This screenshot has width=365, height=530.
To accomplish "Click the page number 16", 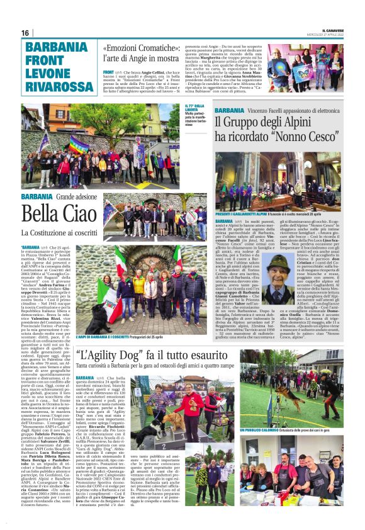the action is tap(25, 33).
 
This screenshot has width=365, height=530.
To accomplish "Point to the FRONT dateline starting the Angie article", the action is tap(108, 72).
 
